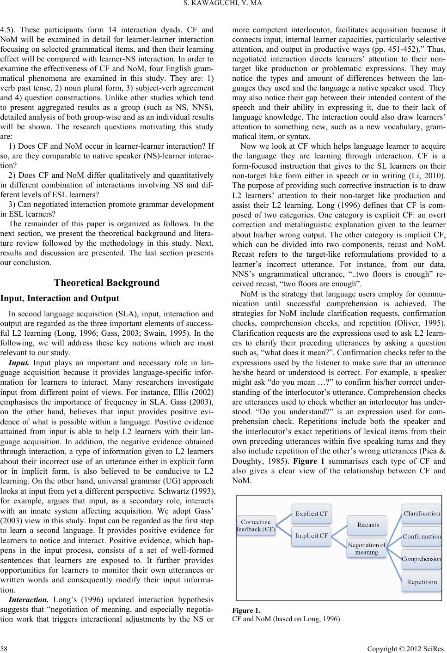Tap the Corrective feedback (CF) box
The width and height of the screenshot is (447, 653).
coord(256,526)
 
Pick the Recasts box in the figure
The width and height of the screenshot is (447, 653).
coord(367,525)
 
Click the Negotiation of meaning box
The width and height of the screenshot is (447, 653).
coord(367,549)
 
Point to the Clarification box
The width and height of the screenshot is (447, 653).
coord(422,514)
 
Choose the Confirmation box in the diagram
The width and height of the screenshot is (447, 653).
coord(422,537)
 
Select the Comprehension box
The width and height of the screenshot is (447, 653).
coord(422,559)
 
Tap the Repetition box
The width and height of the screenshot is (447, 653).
coord(422,582)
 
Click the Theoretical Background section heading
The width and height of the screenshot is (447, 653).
coord(106,283)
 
